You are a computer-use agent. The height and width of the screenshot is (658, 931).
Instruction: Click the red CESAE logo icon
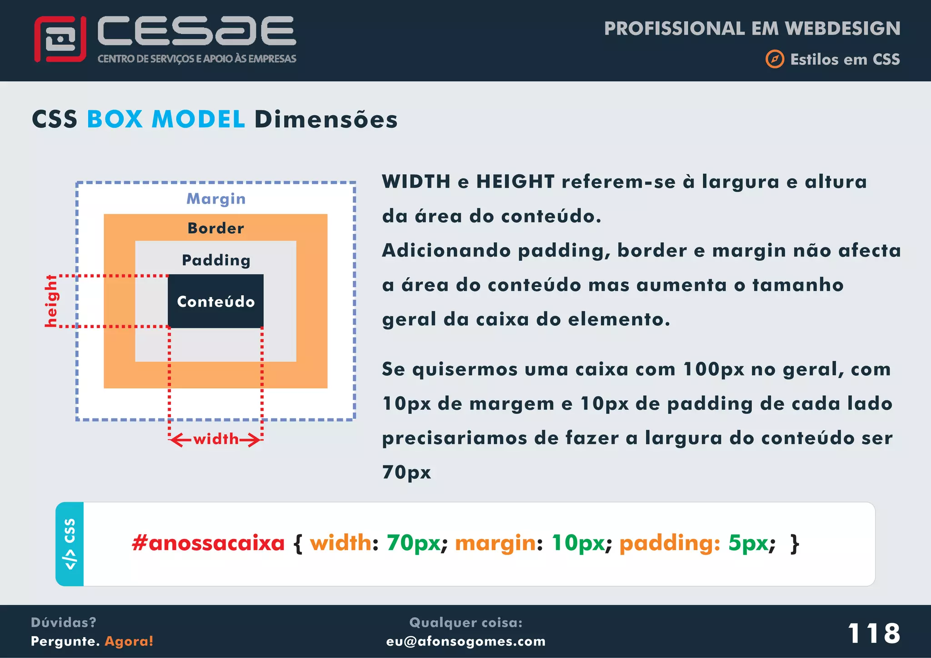click(60, 39)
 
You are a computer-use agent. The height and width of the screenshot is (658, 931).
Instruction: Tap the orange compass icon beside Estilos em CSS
click(775, 59)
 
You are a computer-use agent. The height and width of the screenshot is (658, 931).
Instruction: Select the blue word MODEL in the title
click(198, 120)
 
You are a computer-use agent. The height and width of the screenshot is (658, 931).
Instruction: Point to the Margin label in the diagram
click(216, 199)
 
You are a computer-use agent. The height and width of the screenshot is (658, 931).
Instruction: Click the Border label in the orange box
click(216, 228)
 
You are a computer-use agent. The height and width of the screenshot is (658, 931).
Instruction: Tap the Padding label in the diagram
click(216, 260)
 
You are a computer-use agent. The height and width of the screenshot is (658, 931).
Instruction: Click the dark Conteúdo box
click(215, 301)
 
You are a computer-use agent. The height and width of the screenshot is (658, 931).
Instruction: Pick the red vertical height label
click(51, 301)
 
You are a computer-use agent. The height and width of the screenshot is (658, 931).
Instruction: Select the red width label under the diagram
click(216, 439)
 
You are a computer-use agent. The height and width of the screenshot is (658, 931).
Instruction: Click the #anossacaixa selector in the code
click(208, 543)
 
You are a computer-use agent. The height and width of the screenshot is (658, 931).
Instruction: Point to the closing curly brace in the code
click(795, 543)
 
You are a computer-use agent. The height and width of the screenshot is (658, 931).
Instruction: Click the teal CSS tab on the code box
click(70, 544)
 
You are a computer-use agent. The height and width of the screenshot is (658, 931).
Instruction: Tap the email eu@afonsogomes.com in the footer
click(465, 641)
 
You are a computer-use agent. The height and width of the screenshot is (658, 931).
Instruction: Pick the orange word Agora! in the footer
click(129, 641)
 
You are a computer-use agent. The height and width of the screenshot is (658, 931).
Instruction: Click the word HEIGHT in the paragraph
click(515, 182)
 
